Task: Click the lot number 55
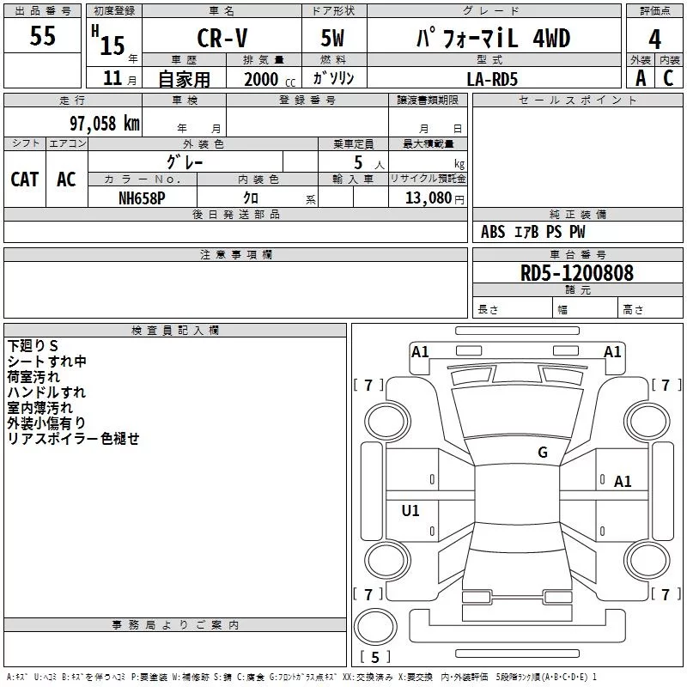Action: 42,36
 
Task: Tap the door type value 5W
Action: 332,39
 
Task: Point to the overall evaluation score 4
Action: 655,39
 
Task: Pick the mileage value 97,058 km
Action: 104,123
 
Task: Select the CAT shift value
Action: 25,179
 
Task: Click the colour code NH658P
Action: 142,197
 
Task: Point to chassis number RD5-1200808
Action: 577,273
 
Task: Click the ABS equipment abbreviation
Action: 493,232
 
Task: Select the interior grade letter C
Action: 668,78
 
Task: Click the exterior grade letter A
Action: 640,78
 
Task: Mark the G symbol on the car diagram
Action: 543,453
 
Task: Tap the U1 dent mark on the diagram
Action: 410,511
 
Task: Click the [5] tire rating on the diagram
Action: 375,658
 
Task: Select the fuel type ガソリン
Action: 333,78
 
